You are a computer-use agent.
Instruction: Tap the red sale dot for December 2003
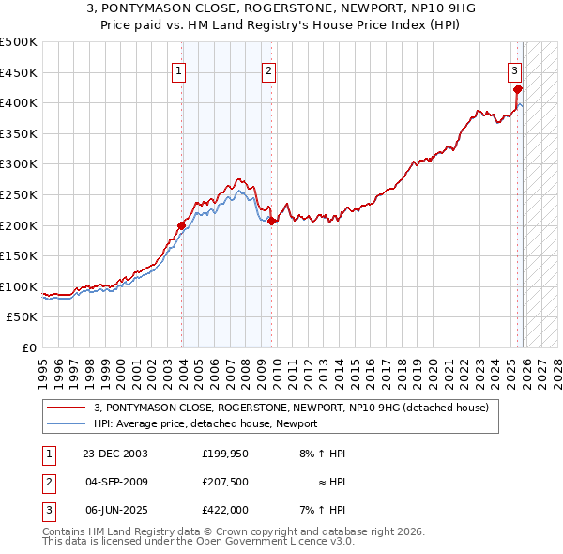pos(182,225)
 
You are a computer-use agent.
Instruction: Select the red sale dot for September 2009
pos(271,222)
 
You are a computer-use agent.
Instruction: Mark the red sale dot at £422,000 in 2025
pos(518,90)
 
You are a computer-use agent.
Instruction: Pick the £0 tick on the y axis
pos(30,348)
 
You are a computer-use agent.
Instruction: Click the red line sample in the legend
pos(67,408)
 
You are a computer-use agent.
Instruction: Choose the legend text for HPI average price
pos(205,423)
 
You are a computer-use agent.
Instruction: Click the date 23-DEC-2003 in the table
pos(115,454)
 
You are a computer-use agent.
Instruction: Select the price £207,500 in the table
pos(224,482)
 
